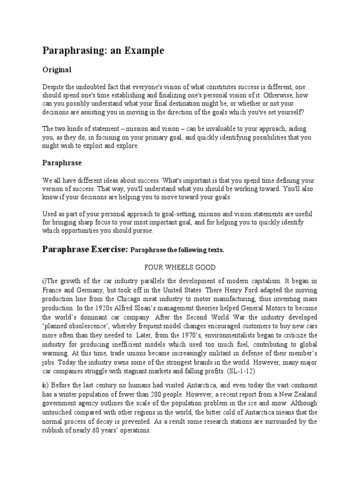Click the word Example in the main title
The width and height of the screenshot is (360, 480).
point(144,51)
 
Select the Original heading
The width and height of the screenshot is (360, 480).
point(57,70)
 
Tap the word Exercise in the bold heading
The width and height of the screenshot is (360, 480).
point(108,249)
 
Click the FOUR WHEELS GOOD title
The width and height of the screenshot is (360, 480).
point(180,267)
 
